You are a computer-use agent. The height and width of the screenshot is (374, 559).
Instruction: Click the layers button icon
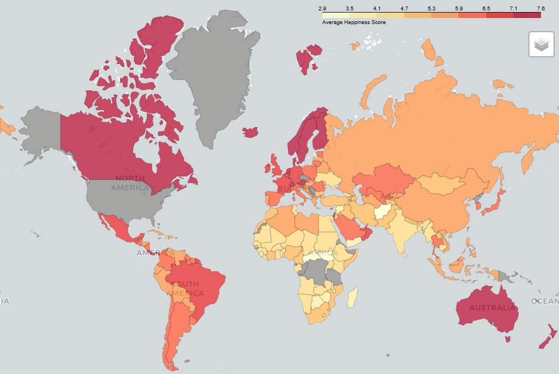[x=541, y=44]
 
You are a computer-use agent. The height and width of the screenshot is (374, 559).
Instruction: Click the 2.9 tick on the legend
[x=322, y=8]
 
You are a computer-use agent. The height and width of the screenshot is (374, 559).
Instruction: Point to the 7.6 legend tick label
[x=540, y=8]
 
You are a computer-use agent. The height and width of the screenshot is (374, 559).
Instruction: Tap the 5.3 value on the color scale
[x=431, y=8]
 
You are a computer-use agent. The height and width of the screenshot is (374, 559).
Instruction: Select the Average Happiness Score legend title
[x=354, y=22]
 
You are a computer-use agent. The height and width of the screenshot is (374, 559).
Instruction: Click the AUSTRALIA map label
[x=492, y=307]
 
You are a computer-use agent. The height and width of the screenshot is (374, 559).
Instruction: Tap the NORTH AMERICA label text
[x=130, y=183]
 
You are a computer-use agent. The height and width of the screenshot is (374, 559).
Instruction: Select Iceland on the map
[x=250, y=133]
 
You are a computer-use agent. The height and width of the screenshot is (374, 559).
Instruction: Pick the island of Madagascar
[x=352, y=297]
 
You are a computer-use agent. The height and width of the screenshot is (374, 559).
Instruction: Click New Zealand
[x=546, y=339]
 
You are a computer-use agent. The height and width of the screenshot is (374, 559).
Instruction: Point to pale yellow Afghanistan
[x=383, y=211]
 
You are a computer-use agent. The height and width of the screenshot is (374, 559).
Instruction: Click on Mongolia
[x=443, y=183]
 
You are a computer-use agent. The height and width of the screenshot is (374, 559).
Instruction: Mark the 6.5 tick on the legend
[x=486, y=8]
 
